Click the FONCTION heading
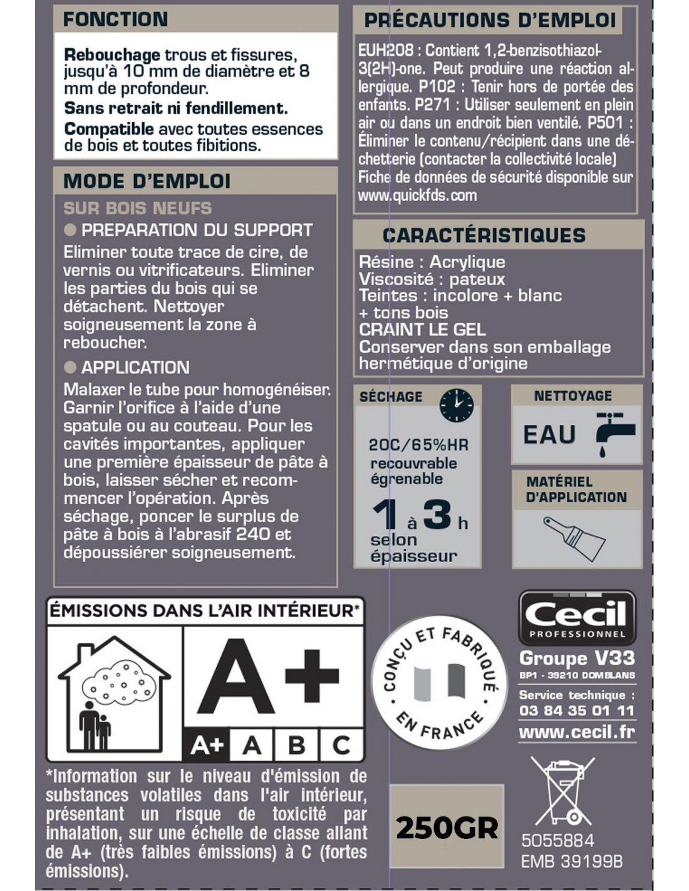[x=115, y=19]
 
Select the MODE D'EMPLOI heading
[x=147, y=182]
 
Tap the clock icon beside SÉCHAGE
[x=456, y=405]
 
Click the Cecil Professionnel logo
[x=576, y=618]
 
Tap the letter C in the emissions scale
[x=341, y=745]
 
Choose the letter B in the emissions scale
[x=296, y=745]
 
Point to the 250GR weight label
[x=447, y=828]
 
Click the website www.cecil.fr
[x=576, y=732]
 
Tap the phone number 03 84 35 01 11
[x=576, y=711]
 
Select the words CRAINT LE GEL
[x=422, y=330]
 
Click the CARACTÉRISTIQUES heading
[x=484, y=236]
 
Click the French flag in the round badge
[x=440, y=682]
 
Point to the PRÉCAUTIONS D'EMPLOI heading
[x=490, y=20]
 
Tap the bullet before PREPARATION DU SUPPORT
[x=70, y=230]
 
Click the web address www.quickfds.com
[x=417, y=195]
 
